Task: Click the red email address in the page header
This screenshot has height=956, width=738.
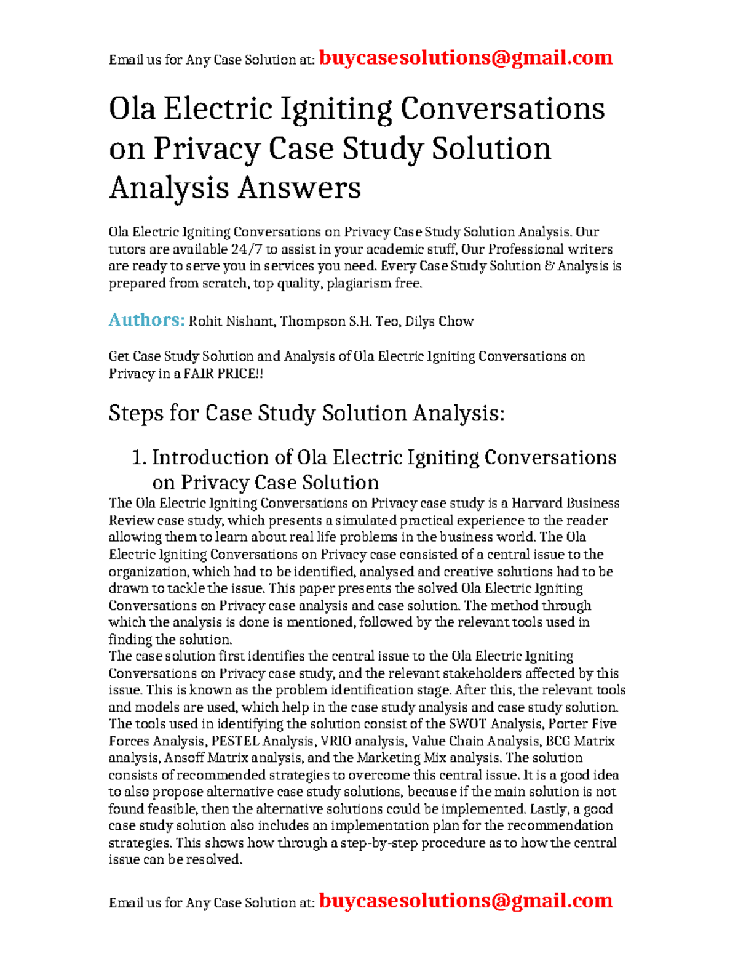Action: click(x=466, y=58)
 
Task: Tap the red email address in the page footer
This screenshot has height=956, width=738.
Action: click(x=466, y=901)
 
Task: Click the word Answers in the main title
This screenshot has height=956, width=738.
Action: click(x=299, y=188)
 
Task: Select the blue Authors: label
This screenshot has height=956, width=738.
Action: click(x=146, y=320)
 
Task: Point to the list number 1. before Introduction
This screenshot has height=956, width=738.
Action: click(x=138, y=457)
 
